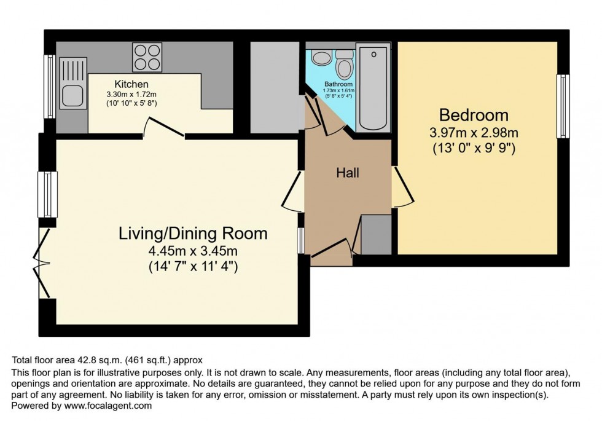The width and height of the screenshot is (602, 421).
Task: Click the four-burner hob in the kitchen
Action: (x=147, y=57)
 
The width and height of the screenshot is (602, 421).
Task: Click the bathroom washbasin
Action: (x=321, y=58)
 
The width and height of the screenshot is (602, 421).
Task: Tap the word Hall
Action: (x=347, y=173)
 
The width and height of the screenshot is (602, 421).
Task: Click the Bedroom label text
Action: (x=473, y=115)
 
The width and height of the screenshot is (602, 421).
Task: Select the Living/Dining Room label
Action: (x=193, y=234)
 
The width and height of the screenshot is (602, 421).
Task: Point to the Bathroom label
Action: (x=339, y=84)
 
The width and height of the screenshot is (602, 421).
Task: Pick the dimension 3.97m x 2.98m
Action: (x=473, y=132)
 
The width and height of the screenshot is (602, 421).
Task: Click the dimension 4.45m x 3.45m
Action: (x=193, y=251)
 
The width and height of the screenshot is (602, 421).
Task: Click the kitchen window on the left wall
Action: (x=50, y=86)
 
